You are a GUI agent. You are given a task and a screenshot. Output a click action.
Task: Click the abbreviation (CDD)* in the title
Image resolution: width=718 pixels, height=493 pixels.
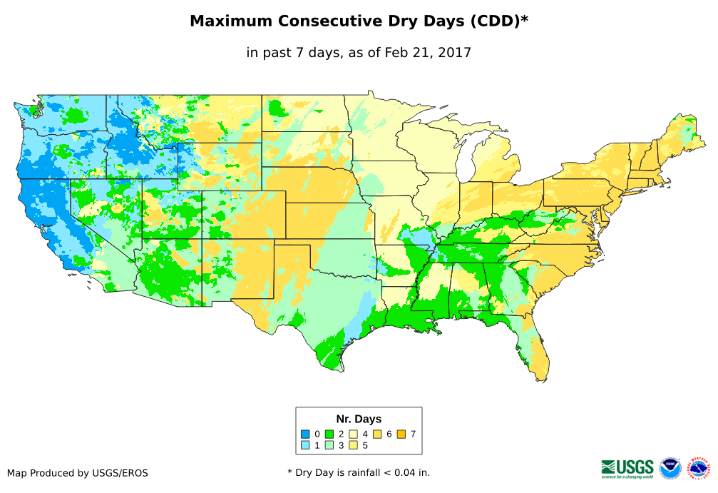[498, 21]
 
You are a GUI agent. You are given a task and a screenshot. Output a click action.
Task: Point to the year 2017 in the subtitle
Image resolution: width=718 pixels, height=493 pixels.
[456, 53]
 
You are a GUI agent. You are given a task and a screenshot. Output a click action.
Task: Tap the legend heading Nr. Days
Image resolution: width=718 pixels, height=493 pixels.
[359, 419]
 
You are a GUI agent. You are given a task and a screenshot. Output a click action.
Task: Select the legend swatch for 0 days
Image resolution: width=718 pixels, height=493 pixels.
[305, 434]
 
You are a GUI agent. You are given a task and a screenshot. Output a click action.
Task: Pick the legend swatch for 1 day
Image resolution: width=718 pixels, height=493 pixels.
[305, 445]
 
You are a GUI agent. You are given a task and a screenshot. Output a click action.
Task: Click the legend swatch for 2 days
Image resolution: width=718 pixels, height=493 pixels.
[329, 434]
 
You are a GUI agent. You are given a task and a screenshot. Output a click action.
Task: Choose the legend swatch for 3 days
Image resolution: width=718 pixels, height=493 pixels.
[329, 445]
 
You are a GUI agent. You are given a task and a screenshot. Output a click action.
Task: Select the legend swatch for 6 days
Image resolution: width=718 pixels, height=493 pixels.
[377, 434]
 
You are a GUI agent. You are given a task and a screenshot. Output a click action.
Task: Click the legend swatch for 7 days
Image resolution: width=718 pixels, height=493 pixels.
[401, 434]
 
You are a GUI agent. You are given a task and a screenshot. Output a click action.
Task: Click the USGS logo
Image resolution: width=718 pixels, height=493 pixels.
[627, 468]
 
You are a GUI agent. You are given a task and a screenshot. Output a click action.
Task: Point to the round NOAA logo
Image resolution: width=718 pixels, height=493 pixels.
[670, 468]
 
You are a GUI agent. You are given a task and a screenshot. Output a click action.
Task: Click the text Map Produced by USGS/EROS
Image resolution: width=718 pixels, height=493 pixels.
[78, 473]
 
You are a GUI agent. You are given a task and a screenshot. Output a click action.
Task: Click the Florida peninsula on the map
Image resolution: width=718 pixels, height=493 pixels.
[538, 353]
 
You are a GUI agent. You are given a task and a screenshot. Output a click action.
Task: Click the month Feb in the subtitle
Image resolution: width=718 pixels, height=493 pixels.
[396, 53]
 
